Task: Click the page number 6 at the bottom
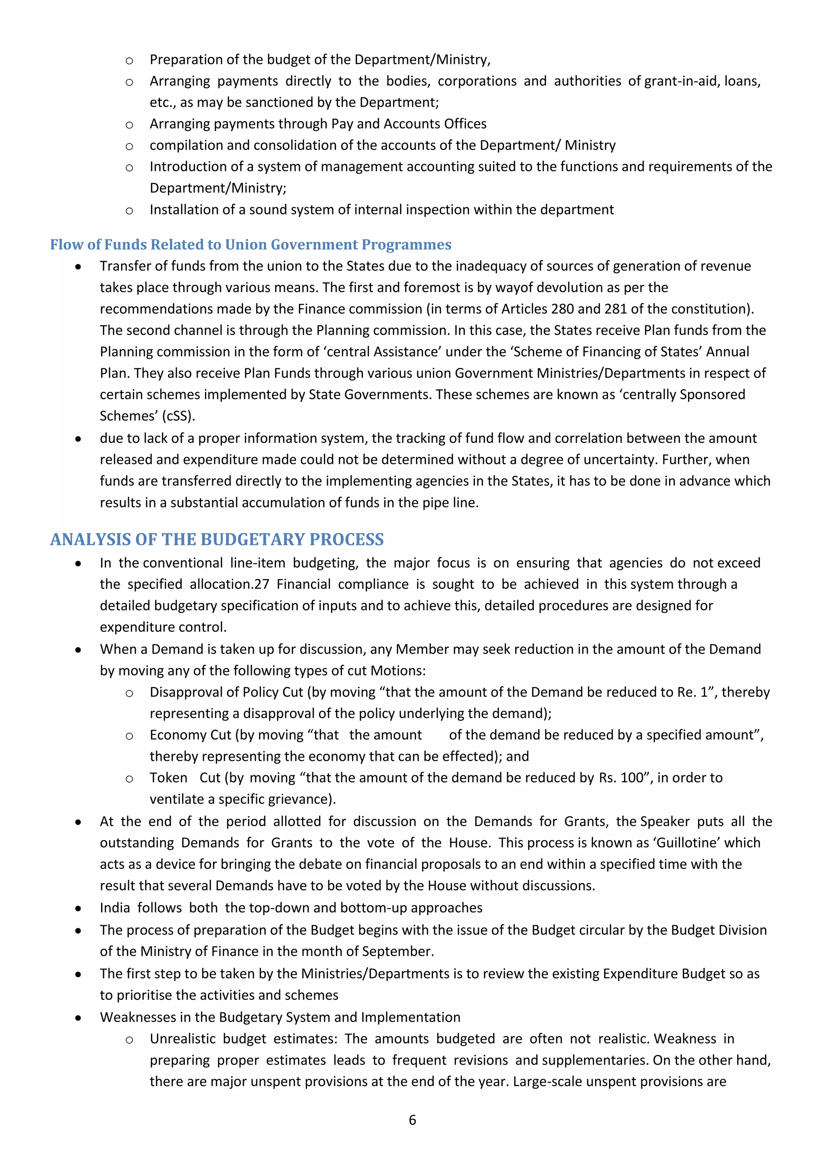(x=412, y=1120)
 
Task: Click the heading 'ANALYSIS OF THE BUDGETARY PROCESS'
(x=217, y=539)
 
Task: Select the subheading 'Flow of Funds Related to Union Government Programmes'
(x=251, y=245)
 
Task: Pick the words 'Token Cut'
(x=185, y=778)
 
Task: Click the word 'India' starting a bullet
(x=115, y=908)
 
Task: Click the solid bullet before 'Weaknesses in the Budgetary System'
(x=78, y=1018)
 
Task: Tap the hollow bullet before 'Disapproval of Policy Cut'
(x=130, y=693)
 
